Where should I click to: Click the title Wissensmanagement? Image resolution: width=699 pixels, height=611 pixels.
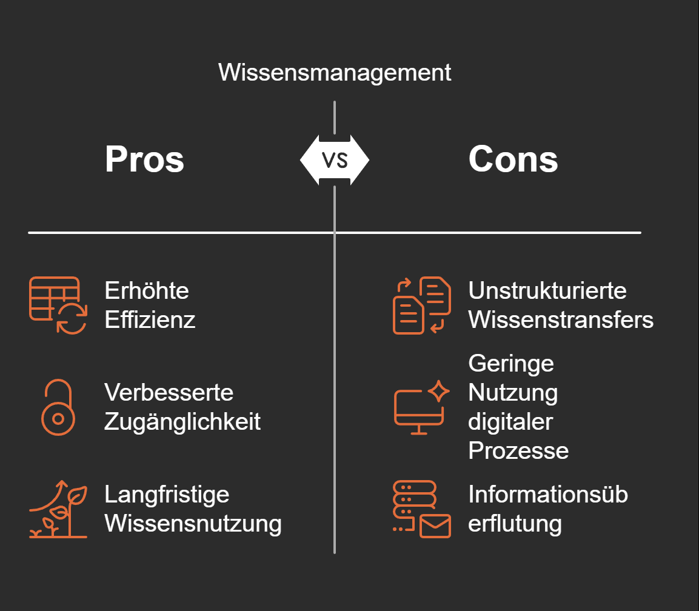click(335, 73)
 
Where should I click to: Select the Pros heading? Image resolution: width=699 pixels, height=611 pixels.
click(144, 159)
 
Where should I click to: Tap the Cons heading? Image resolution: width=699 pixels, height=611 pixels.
click(513, 159)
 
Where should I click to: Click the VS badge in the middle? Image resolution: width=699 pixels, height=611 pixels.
click(335, 160)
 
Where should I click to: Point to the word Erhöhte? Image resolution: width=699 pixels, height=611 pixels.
click(147, 291)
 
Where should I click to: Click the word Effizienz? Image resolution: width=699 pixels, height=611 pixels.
click(150, 320)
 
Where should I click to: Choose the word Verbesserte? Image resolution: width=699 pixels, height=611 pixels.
click(169, 392)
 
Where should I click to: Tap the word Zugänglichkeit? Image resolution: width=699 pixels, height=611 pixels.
click(182, 421)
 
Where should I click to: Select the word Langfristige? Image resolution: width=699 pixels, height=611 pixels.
click(167, 494)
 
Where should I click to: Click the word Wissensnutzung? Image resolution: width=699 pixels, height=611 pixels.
click(193, 523)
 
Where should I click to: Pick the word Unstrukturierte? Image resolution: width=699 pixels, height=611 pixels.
click(547, 291)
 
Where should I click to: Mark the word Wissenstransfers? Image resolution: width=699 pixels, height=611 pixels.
click(561, 320)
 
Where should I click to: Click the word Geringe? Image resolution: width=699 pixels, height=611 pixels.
click(511, 364)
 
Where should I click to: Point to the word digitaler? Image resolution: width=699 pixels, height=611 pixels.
click(510, 421)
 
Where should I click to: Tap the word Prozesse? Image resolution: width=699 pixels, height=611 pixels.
click(518, 450)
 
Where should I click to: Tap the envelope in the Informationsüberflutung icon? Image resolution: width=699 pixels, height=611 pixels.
click(435, 526)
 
